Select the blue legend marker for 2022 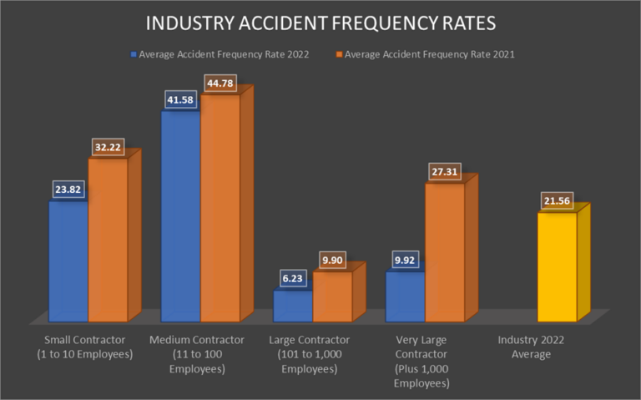coord(134,55)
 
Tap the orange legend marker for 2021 coord(339,55)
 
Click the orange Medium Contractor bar coord(220,208)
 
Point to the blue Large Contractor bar coord(292,306)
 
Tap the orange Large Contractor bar coord(332,296)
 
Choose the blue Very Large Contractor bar coord(405,296)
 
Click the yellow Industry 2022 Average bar coord(557,267)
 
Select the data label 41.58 coord(180,99)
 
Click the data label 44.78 coord(220,83)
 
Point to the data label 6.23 coord(292,280)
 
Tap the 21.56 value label coord(557,202)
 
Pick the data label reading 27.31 coord(444,172)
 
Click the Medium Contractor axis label coord(196,354)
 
